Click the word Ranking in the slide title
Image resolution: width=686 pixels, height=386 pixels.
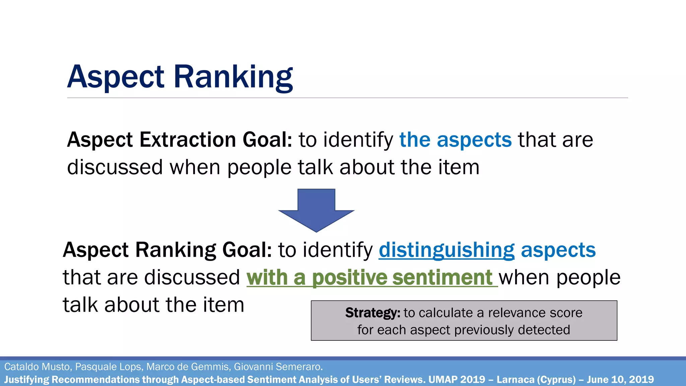pyautogui.click(x=233, y=77)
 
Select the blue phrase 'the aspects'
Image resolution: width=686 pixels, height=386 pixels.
pyautogui.click(x=456, y=140)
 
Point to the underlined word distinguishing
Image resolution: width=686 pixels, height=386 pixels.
pyautogui.click(x=447, y=250)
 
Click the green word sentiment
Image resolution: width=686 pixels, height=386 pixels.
pyautogui.click(x=442, y=278)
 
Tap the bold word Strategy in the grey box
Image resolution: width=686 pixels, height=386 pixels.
pyautogui.click(x=372, y=313)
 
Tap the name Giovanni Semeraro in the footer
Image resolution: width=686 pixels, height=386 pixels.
pyautogui.click(x=278, y=367)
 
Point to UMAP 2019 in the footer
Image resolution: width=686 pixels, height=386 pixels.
pyautogui.click(x=457, y=380)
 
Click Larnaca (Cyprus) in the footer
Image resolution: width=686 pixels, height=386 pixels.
pyautogui.click(x=536, y=380)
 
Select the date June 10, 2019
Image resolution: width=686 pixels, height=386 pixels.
pyautogui.click(x=620, y=380)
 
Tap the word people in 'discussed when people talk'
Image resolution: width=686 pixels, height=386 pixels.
pyautogui.click(x=259, y=167)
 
